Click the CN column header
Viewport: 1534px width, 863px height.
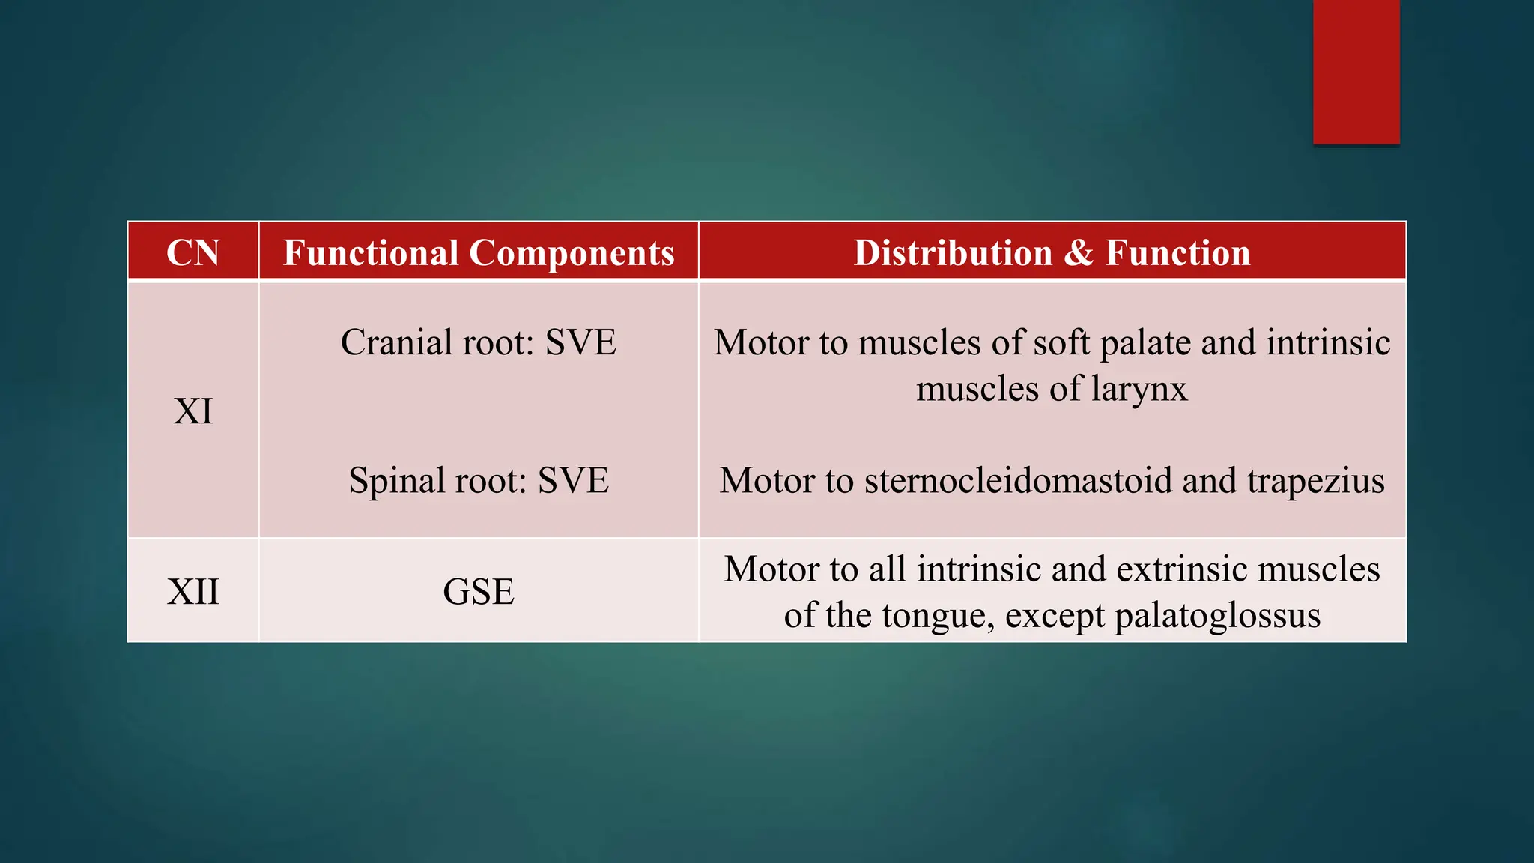tap(192, 252)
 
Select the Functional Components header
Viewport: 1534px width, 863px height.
tap(479, 252)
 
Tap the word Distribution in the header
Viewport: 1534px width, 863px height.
tap(953, 252)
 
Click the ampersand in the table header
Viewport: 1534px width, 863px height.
tap(1079, 252)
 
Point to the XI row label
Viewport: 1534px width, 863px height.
tap(192, 411)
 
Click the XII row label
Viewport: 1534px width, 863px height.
tap(192, 592)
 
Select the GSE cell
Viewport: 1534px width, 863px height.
tap(479, 592)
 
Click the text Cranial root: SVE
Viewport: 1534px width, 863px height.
tap(479, 342)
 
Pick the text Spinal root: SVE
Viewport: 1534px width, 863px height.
tap(479, 480)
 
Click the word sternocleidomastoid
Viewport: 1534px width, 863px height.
tap(1018, 480)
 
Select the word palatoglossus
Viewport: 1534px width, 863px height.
tap(1217, 617)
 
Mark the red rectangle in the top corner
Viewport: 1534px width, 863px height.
tap(1356, 71)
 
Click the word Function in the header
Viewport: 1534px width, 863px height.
tap(1178, 252)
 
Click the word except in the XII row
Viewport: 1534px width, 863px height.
tap(1055, 617)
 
